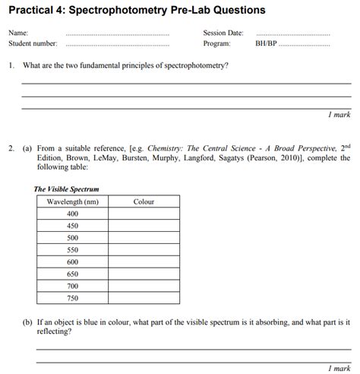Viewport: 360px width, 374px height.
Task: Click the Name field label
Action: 17,33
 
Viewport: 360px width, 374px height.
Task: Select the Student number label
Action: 33,43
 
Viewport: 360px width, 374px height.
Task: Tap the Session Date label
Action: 223,33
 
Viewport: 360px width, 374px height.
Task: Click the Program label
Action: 216,43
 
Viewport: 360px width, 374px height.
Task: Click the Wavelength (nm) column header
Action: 72,202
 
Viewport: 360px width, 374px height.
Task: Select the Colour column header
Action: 144,202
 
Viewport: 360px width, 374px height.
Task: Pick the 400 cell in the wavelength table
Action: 72,214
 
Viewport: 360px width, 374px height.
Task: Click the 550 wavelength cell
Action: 72,249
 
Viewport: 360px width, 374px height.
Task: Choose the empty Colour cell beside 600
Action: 144,261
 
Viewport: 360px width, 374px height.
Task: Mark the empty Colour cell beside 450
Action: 144,226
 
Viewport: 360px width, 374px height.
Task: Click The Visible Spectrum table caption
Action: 66,189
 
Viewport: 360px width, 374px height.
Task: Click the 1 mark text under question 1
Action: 339,114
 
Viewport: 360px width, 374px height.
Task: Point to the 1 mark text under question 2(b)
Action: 339,368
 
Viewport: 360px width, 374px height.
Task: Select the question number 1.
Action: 11,66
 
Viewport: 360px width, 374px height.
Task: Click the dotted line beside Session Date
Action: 293,34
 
